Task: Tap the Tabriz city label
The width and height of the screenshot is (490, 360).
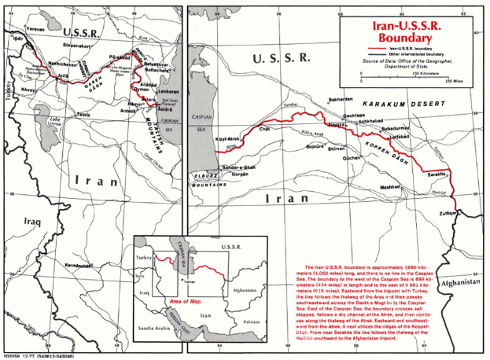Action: pos(81,115)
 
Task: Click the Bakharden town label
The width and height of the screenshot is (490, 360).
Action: pos(341,99)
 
